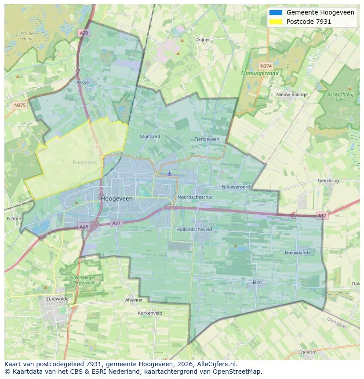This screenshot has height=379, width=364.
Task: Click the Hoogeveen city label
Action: [x=116, y=199]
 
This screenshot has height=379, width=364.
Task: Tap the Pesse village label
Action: [x=82, y=82]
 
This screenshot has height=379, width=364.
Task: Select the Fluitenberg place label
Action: [x=85, y=162]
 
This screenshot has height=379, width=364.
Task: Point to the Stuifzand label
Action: [x=150, y=136]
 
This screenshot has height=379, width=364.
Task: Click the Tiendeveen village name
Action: [x=207, y=139]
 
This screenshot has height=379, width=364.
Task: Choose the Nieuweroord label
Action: [x=236, y=187]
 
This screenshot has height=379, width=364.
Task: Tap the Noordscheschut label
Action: [x=195, y=197]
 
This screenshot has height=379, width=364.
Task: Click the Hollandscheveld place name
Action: [x=194, y=229]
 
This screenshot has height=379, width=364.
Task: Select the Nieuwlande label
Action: [x=298, y=253]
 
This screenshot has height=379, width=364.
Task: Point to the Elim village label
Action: [x=257, y=282]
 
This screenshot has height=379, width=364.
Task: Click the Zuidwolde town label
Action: [x=57, y=298]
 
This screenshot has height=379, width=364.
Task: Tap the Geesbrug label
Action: [x=328, y=180]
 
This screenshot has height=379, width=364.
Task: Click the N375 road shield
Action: [x=19, y=105]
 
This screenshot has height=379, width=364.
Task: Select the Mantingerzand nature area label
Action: [x=260, y=73]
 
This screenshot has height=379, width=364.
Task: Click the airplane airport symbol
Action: [x=169, y=173]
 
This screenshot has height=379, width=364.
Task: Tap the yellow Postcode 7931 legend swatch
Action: [x=276, y=22]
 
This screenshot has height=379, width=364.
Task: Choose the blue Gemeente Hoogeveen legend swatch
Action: [x=276, y=13]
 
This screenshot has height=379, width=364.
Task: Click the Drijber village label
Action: [x=203, y=40]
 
